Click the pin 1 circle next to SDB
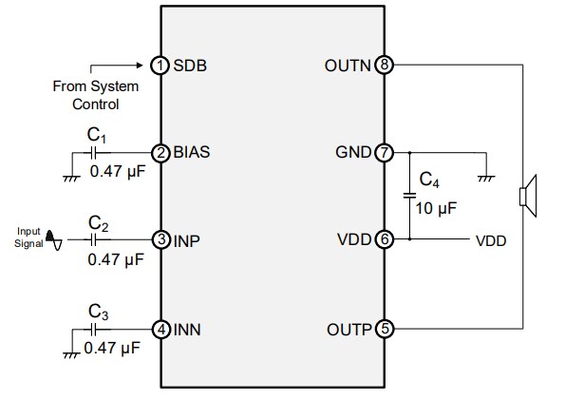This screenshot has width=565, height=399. point(160,66)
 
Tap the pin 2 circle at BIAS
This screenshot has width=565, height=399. point(160,151)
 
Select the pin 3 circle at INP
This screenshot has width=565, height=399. point(160,240)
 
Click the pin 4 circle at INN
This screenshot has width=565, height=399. point(160,329)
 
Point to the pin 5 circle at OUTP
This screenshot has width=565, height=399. point(384,329)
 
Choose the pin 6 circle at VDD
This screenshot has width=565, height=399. point(384,240)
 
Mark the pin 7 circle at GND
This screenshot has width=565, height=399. point(384,151)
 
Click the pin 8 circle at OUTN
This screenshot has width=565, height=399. point(384,66)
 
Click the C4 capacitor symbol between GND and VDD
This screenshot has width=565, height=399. point(410,195)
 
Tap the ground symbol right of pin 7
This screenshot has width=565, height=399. point(485,174)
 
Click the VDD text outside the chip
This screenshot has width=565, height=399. point(491,241)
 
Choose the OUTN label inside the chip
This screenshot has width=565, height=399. point(349,66)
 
